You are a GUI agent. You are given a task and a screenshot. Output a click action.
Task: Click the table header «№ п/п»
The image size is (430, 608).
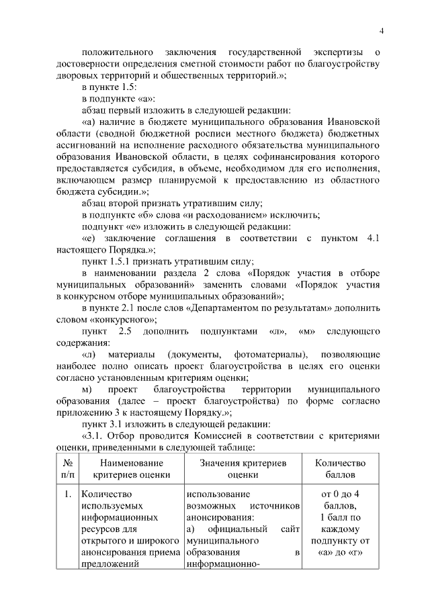tap(67, 469)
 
